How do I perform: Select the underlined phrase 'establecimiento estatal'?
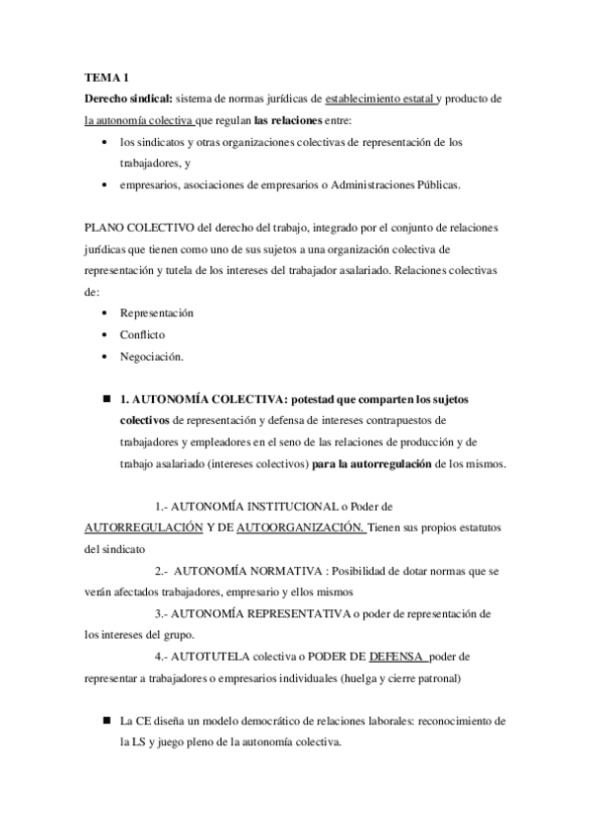coord(379,99)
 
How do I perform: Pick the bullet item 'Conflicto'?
coord(143,334)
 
